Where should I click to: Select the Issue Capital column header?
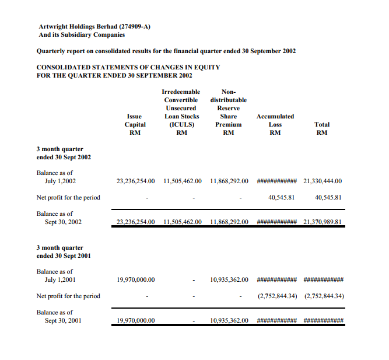(x=135, y=124)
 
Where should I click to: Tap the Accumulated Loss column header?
(x=275, y=124)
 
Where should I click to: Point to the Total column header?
(x=321, y=128)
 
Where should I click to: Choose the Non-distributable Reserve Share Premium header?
(x=229, y=112)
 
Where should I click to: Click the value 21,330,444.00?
(x=323, y=181)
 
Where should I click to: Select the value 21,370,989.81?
(x=323, y=222)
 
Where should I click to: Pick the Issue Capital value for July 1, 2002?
(x=135, y=181)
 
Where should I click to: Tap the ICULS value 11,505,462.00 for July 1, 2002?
(x=183, y=181)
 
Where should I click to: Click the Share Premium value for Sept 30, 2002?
(x=229, y=222)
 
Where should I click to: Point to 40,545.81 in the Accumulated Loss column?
(x=281, y=197)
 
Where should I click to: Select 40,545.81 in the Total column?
(x=328, y=197)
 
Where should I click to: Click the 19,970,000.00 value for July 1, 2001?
(x=135, y=279)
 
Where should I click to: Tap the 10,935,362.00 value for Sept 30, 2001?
(x=229, y=321)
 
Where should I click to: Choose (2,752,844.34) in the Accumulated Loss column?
(x=278, y=296)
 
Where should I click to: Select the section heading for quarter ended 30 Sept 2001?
(x=64, y=251)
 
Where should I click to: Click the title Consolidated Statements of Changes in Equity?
(x=128, y=67)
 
